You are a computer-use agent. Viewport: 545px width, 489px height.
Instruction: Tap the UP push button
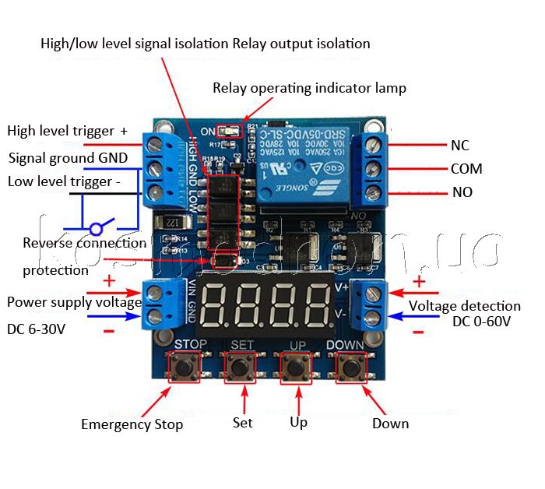tap(297, 367)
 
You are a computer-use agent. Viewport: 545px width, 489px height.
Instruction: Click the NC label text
tap(459, 145)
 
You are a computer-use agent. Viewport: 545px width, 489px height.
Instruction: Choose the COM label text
tap(466, 169)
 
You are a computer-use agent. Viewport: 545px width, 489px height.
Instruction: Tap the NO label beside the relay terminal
tap(462, 192)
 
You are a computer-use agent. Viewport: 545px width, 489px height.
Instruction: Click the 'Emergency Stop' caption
tap(132, 424)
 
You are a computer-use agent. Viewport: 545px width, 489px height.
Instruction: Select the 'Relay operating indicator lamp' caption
tap(309, 88)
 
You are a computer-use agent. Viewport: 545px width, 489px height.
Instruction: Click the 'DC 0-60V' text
tap(481, 322)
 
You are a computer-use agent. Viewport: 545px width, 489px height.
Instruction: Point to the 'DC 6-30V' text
tap(36, 329)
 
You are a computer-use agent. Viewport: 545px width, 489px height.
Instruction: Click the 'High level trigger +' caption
tap(67, 131)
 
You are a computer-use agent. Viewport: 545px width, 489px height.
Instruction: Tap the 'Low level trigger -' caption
tap(64, 181)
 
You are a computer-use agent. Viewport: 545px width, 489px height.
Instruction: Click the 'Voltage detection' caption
tap(464, 306)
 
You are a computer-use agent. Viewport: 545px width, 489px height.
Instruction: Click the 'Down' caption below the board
tap(390, 424)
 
